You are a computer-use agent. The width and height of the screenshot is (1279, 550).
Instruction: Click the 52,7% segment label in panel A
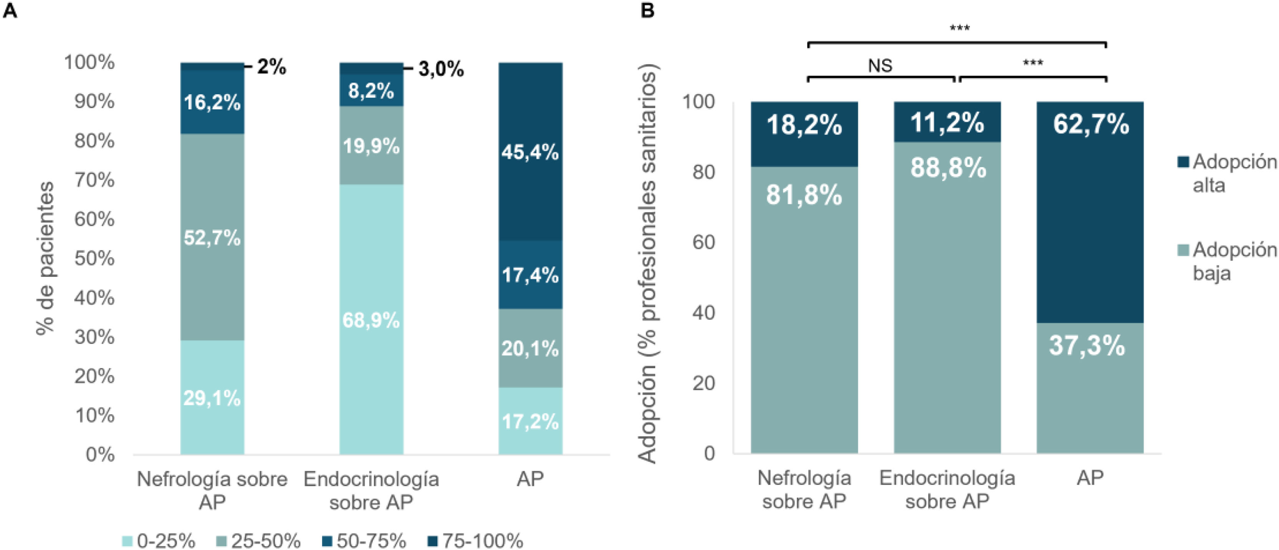coord(212,238)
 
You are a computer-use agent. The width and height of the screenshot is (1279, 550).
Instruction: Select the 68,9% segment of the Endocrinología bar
coord(372,320)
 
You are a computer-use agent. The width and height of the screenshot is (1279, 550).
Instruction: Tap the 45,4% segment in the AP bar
coord(530,152)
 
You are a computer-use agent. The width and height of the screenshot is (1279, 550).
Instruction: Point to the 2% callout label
coord(272,67)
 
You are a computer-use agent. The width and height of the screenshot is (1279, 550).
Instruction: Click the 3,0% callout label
coord(441,69)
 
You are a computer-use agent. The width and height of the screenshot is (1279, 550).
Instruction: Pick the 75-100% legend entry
coord(475,540)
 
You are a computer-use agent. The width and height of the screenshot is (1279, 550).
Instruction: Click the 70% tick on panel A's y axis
coord(95,180)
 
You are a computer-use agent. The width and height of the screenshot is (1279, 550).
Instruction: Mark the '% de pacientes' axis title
coord(45,258)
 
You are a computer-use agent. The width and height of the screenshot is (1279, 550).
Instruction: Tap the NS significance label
coord(880,65)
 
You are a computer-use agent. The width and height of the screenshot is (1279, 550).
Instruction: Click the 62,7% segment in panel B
coord(1090,212)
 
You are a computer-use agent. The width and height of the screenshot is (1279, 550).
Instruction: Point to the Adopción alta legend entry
coord(1226,173)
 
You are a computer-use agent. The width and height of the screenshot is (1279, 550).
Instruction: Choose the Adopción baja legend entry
coord(1226,261)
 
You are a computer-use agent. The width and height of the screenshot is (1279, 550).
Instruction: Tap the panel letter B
coord(647,10)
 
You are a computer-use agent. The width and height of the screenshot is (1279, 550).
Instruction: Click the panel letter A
coord(10,10)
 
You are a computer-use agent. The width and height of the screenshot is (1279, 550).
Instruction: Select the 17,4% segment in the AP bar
coord(530,275)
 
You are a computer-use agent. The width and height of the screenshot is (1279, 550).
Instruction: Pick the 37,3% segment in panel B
coord(1090,388)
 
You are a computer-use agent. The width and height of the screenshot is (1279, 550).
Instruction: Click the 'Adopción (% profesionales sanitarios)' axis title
coord(647,263)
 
